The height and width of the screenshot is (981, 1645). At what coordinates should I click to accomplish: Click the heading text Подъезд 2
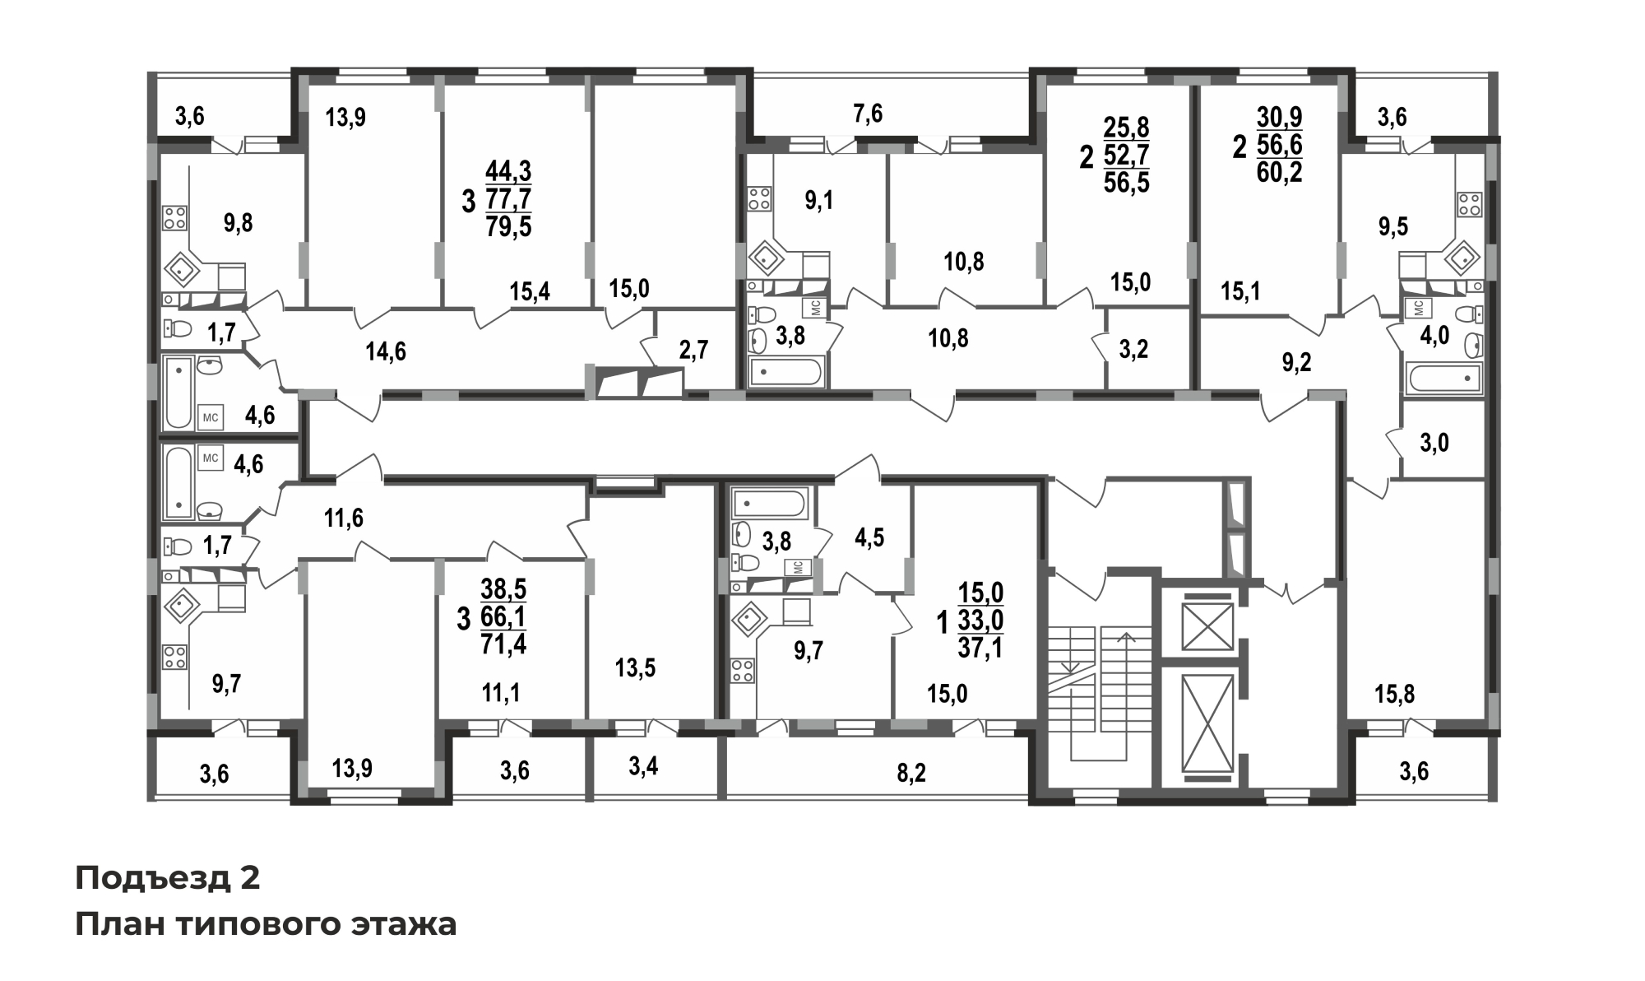pos(168,878)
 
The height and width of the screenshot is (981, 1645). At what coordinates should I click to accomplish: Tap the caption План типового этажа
pos(266,924)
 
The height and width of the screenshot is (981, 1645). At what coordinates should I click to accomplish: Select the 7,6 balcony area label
pos(868,114)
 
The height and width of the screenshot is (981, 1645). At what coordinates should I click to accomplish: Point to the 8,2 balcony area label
pos(911,773)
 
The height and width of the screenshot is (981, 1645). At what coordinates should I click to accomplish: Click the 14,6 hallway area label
pos(386,351)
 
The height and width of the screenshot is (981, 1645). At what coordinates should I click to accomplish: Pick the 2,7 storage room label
pos(693,350)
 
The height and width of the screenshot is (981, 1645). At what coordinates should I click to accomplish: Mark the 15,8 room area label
pos(1395,695)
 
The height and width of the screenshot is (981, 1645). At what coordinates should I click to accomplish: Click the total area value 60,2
pos(1280,173)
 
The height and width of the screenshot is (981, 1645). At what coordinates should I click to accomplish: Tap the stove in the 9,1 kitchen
pos(758,199)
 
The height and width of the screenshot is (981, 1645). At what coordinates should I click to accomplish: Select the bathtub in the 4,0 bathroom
pos(1444,379)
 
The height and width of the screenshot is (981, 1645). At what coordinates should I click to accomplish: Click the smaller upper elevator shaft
pos(1207,626)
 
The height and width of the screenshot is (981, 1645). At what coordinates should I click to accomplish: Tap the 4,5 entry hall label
pos(869,537)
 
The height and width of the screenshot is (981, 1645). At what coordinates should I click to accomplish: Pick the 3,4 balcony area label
pos(643,766)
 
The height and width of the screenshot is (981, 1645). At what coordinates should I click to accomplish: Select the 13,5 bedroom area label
pos(636,667)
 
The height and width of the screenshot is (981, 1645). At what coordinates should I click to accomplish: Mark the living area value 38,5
pos(503,589)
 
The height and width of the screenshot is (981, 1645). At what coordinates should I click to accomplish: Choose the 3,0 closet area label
pos(1434,444)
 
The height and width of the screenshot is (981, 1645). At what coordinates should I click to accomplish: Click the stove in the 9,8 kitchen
pos(174,218)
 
